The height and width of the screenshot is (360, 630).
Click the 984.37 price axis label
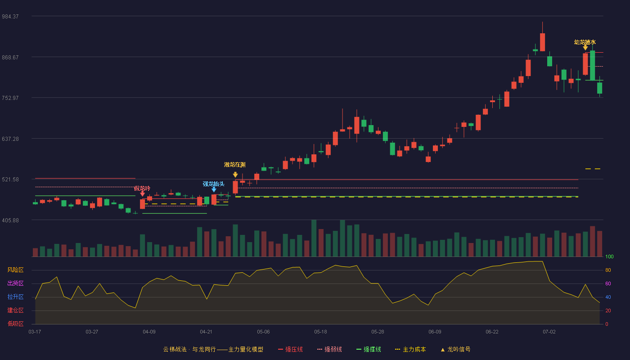coord(10,17)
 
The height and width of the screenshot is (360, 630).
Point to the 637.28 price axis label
coord(10,139)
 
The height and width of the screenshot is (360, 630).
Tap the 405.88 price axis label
coord(10,220)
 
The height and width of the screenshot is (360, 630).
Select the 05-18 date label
coord(320,332)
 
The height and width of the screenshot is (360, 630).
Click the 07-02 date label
coord(549,332)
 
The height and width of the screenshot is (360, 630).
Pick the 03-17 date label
coord(35,332)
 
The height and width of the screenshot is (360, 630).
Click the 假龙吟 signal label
coord(142,188)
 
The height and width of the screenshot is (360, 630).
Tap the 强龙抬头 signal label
coord(213,184)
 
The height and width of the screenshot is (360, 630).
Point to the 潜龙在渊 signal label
coord(235,165)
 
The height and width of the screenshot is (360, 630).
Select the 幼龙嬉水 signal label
coord(585,42)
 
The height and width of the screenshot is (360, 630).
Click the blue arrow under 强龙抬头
coord(214,189)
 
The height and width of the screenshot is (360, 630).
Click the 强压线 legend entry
coord(290,349)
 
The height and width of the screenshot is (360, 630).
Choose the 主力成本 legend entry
coord(410,349)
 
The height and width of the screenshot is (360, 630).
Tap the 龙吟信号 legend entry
coord(455,349)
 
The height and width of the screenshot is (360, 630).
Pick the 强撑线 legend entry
coord(369,349)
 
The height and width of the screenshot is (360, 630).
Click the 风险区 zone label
coord(15,270)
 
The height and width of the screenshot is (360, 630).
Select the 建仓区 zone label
coord(15,310)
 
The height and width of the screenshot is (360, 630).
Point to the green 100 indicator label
coord(609,256)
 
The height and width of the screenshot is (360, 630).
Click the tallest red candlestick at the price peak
coord(542,42)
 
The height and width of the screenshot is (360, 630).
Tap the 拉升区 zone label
coord(15,297)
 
